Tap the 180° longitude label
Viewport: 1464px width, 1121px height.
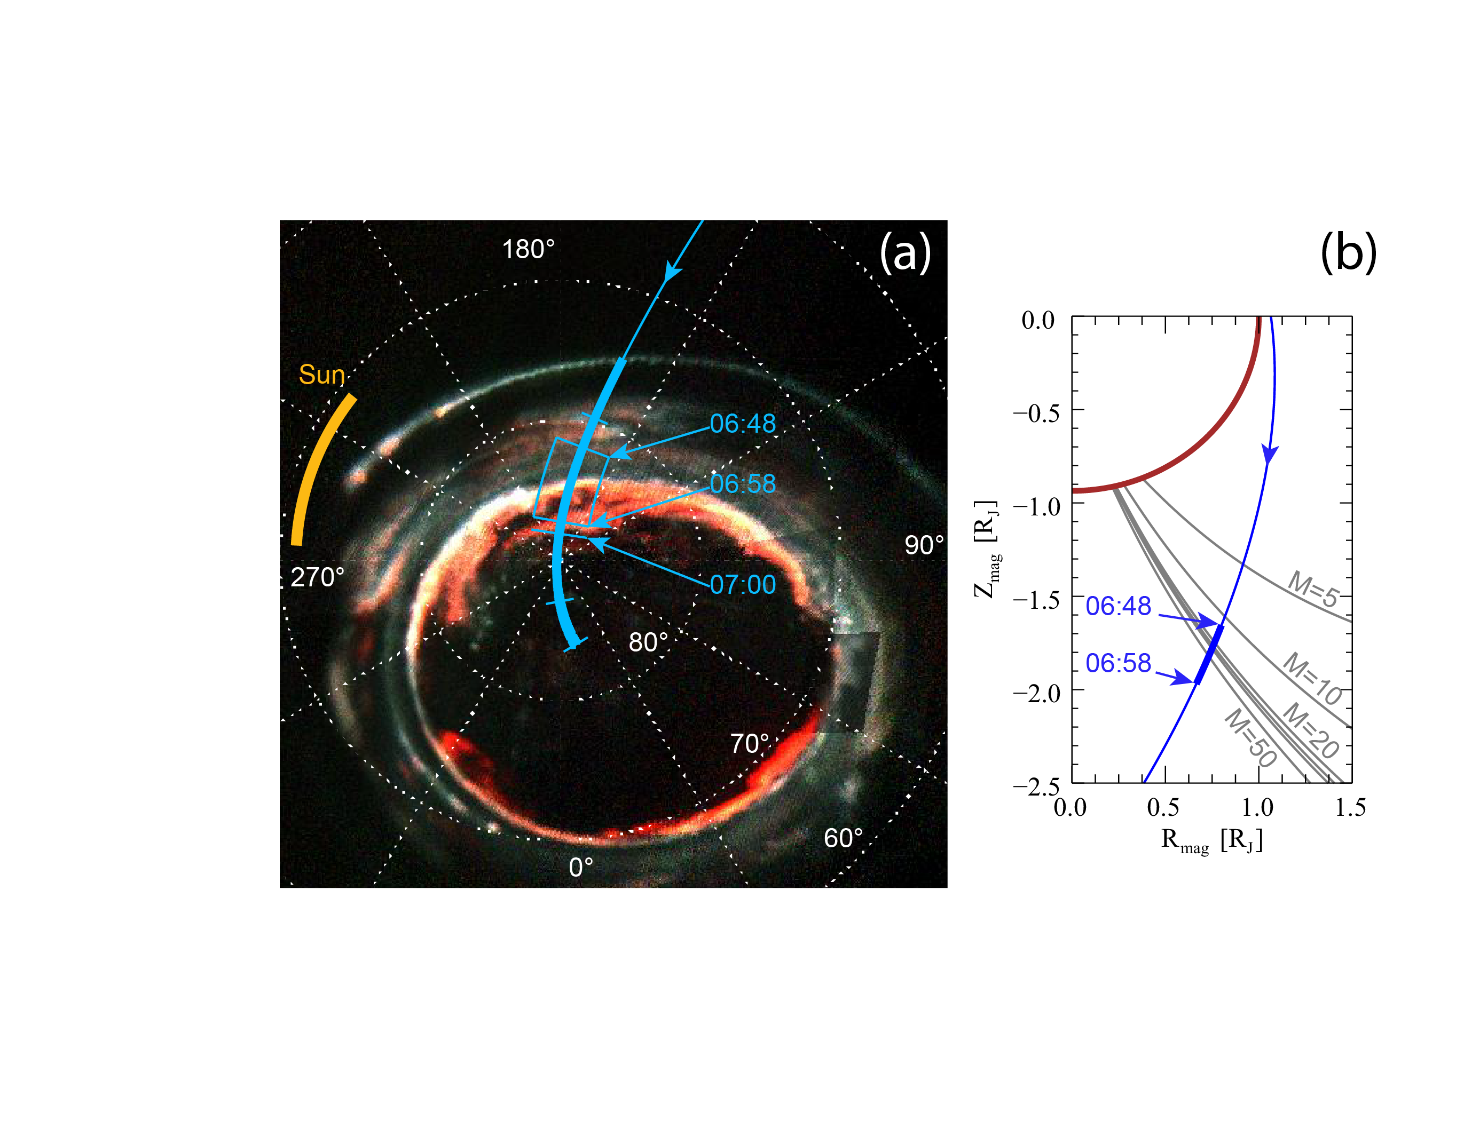coord(528,250)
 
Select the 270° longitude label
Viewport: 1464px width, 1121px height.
coord(317,577)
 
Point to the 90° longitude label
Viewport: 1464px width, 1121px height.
coord(923,545)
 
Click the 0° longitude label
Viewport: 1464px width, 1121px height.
coord(580,867)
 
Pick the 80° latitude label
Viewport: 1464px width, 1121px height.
coord(648,642)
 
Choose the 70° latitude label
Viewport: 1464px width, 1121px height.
coord(749,743)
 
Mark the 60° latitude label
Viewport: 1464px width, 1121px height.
coord(843,838)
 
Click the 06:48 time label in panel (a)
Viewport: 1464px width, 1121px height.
coord(742,423)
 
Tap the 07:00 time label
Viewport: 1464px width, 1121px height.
coord(742,585)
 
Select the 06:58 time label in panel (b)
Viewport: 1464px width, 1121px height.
coord(1117,663)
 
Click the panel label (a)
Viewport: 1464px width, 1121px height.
coord(904,253)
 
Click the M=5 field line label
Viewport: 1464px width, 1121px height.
coord(1312,589)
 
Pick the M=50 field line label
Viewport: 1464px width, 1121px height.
coord(1250,738)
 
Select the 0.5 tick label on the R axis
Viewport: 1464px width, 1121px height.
coord(1163,807)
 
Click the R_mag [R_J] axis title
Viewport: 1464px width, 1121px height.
coord(1211,841)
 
